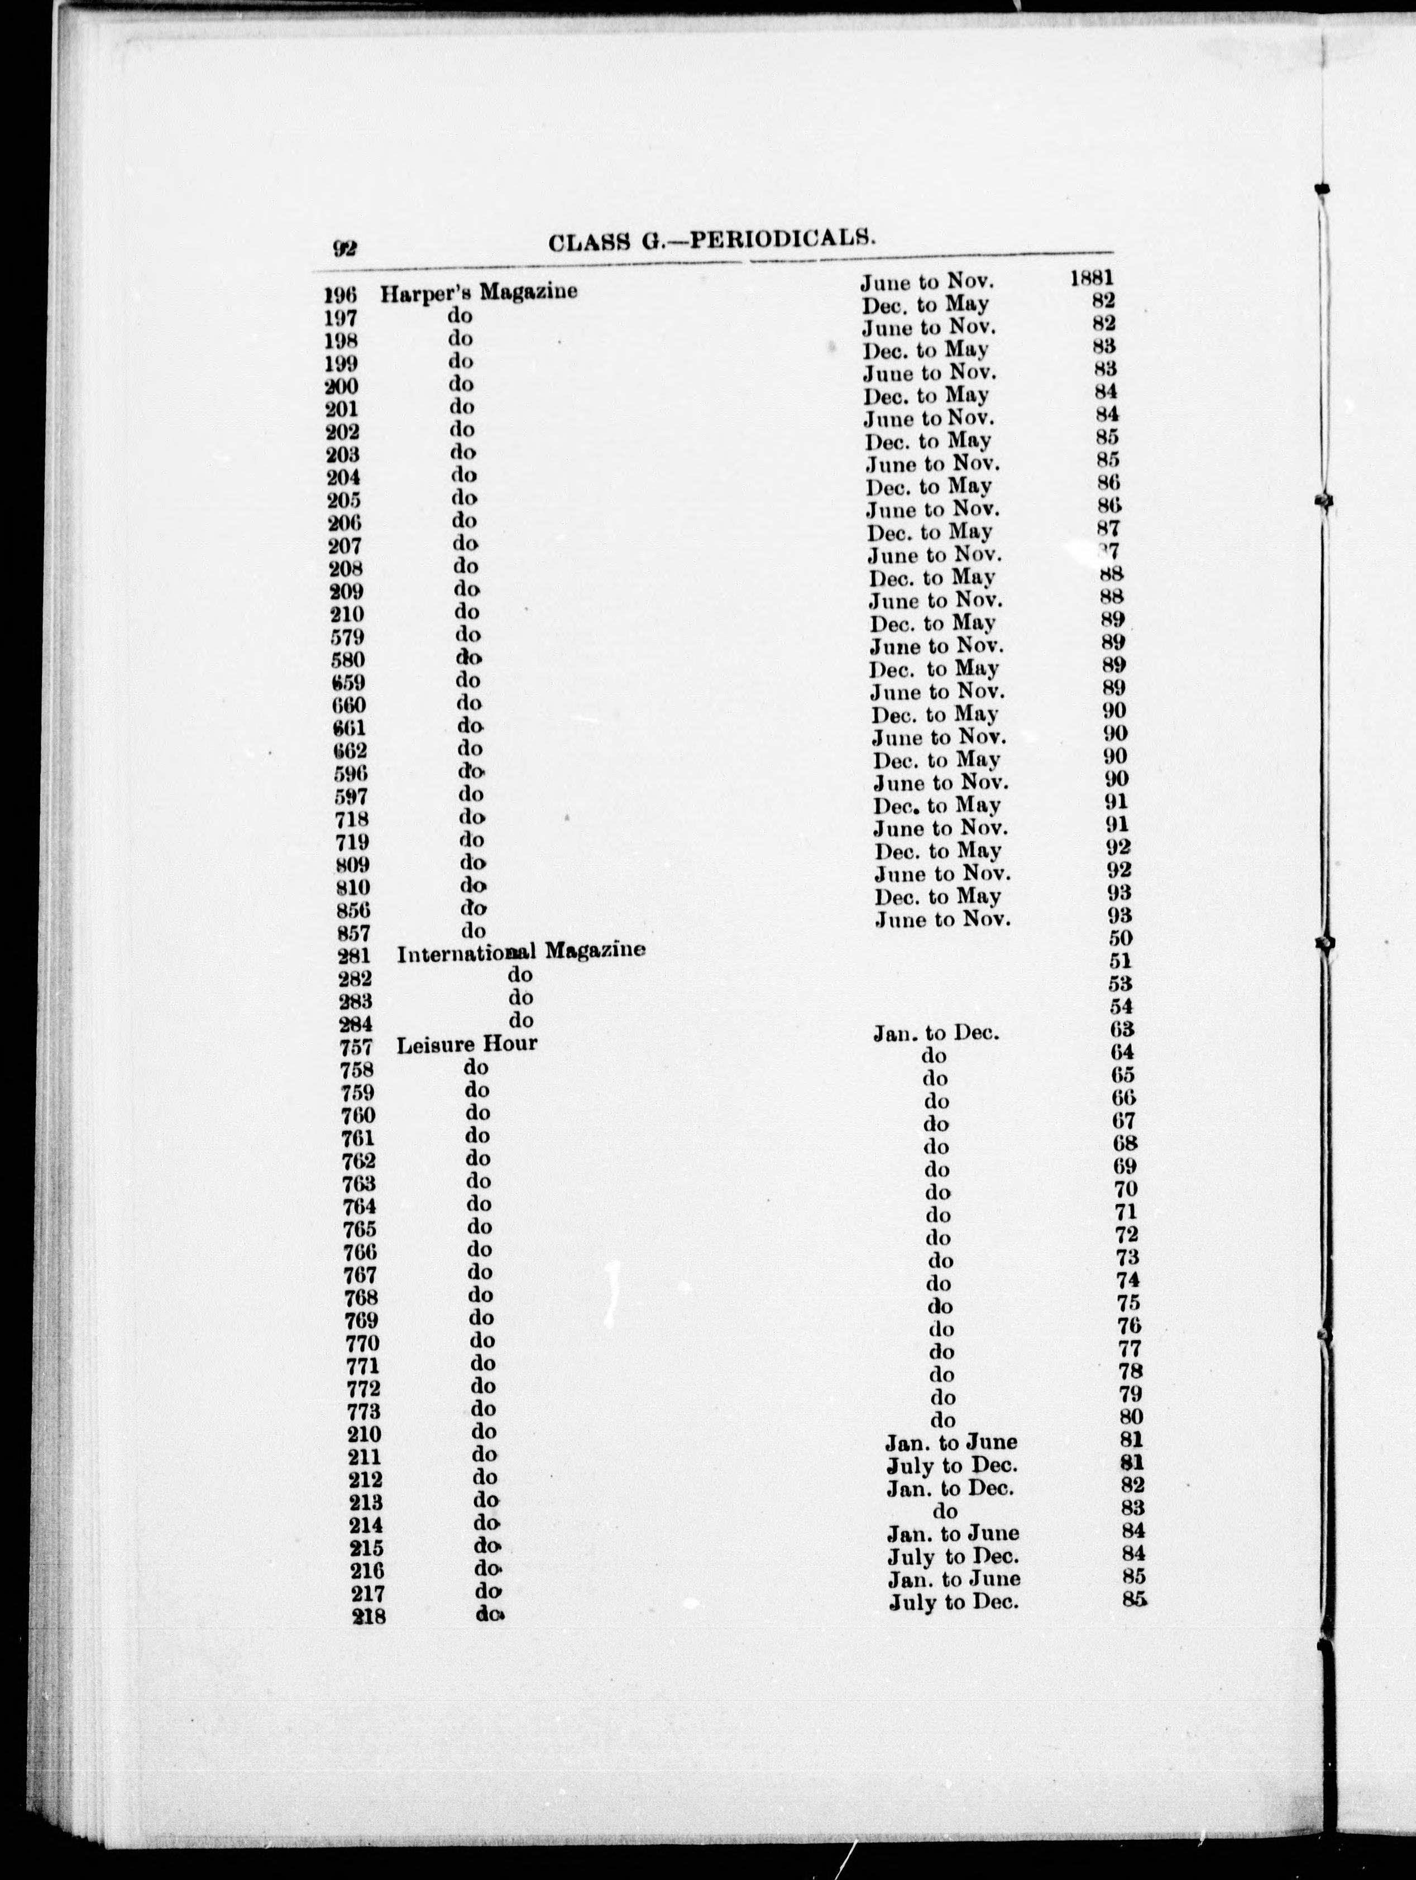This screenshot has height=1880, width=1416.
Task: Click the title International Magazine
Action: [521, 952]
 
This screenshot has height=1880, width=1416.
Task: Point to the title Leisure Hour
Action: [467, 1044]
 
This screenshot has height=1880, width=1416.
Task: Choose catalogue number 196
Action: [340, 296]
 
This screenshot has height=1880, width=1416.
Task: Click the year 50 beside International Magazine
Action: [1120, 938]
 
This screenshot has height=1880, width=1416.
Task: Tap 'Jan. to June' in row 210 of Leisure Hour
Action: [950, 1443]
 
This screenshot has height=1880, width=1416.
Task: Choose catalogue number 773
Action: [361, 1413]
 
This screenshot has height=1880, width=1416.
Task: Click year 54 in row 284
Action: [1122, 1007]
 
